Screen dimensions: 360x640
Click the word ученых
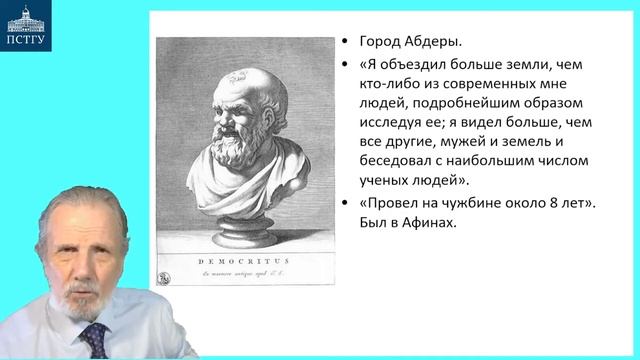pos(383,180)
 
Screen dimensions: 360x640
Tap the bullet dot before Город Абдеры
pos(345,44)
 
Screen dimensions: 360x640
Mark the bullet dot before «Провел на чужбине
pos(345,205)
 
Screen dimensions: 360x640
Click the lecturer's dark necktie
pos(96,340)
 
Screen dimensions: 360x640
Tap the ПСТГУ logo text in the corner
pos(28,41)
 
